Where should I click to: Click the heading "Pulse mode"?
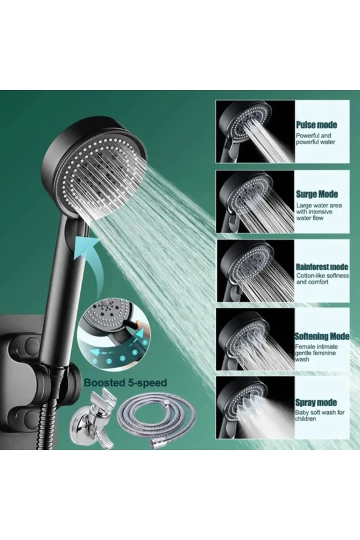pyautogui.click(x=316, y=125)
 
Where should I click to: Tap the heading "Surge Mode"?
pyautogui.click(x=317, y=194)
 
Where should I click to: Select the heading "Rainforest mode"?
pyautogui.click(x=322, y=267)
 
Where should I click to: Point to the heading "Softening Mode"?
pyautogui.click(x=322, y=336)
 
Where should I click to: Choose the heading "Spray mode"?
pyautogui.click(x=316, y=402)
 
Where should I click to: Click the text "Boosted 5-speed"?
pyautogui.click(x=125, y=382)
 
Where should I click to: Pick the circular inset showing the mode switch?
pyautogui.click(x=114, y=338)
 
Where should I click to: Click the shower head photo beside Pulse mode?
pyautogui.click(x=255, y=131)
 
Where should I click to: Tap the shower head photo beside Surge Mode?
pyautogui.click(x=255, y=201)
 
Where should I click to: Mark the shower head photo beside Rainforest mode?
pyautogui.click(x=255, y=271)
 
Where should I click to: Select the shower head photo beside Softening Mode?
pyautogui.click(x=255, y=339)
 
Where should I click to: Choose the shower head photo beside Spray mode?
pyautogui.click(x=255, y=407)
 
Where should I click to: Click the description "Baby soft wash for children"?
pyautogui.click(x=320, y=415)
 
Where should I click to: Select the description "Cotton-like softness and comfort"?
pyautogui.click(x=322, y=279)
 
